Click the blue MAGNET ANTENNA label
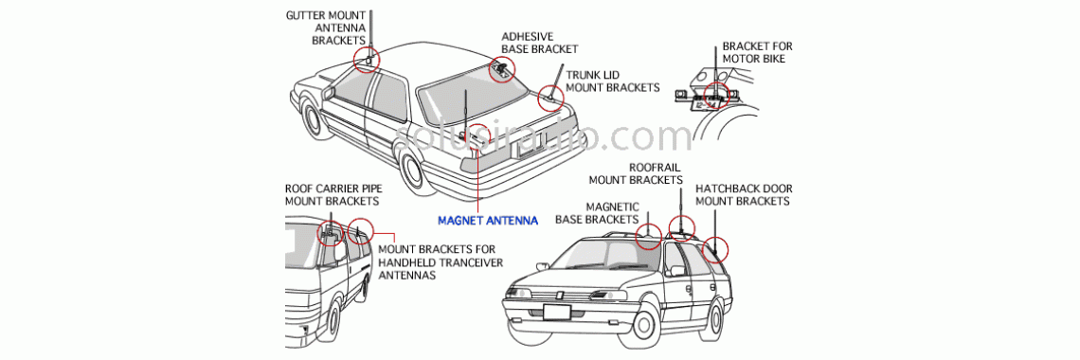coord(487,221)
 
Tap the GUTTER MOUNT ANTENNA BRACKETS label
coord(327,28)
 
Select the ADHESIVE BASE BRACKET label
coord(539,43)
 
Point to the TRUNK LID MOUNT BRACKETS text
coord(612,81)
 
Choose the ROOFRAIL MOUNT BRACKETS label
coord(636,173)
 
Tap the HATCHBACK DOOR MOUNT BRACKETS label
coord(743,194)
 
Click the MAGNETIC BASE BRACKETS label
coord(597,213)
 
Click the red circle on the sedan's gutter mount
coord(367,59)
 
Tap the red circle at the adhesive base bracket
coord(501,68)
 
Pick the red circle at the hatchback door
coord(717,247)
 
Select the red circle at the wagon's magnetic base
coord(648,236)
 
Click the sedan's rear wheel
coord(413,170)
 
